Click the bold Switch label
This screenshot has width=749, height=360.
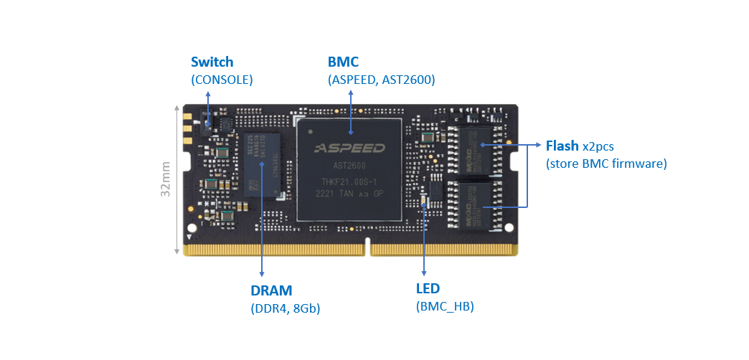(x=212, y=62)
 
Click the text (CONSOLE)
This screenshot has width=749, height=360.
(x=222, y=80)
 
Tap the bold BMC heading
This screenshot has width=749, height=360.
(x=343, y=62)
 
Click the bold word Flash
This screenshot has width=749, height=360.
(x=562, y=146)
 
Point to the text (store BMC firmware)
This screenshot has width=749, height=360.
(x=606, y=164)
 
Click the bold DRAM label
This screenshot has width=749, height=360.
(x=271, y=291)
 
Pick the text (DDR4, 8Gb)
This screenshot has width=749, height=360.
(x=285, y=309)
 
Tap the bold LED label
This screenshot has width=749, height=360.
(x=428, y=289)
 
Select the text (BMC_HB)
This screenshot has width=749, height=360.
(x=445, y=307)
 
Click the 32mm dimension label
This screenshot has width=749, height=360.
(x=166, y=179)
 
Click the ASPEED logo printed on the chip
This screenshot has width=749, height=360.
(x=350, y=148)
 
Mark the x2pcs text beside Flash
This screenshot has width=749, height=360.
(x=598, y=146)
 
